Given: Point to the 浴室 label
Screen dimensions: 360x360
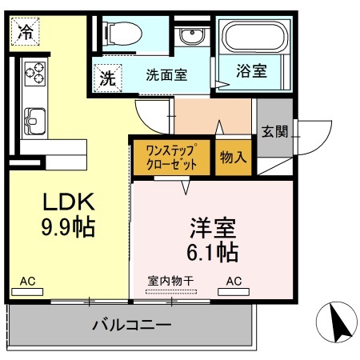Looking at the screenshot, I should click(251, 71).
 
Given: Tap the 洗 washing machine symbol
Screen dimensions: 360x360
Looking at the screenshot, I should click(107, 79).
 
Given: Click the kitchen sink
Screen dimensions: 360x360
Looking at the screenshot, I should click(35, 123).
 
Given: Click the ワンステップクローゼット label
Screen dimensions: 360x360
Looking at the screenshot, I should click(171, 157).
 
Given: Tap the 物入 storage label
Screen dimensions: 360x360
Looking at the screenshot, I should click(233, 157).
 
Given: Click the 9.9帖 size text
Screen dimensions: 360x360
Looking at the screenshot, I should click(68, 227).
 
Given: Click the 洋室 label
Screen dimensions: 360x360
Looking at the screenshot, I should click(213, 227).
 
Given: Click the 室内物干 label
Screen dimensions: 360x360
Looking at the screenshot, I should click(170, 282).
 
